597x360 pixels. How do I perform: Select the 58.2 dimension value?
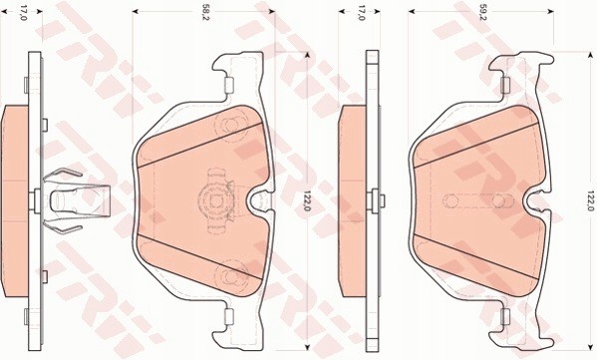(205, 14)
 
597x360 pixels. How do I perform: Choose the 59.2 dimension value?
(482, 14)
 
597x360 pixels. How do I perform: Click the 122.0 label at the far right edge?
(588, 201)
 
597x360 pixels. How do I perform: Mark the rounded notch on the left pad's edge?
(261, 201)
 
